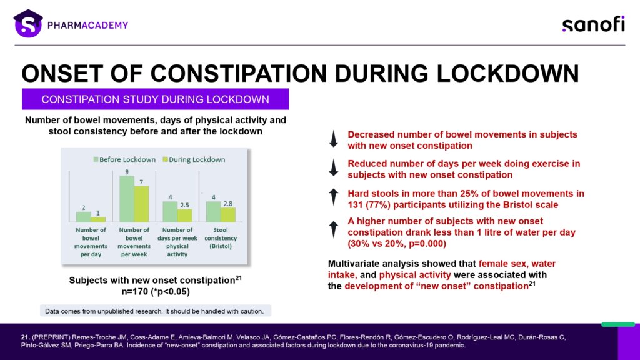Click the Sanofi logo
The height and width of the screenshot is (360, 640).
594,24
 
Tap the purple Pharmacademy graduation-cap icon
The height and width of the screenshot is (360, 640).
27,24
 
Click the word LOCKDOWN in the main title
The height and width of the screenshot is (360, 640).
507,74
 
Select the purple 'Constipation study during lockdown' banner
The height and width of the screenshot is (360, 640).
155,99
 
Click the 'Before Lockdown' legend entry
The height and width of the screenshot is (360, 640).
124,159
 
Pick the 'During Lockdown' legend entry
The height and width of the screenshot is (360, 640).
194,159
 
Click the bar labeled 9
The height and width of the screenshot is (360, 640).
126,199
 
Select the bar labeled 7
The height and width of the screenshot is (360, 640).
141,204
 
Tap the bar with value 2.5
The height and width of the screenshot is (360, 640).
184,216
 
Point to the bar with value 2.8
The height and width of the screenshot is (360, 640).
227,215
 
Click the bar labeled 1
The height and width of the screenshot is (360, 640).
98,219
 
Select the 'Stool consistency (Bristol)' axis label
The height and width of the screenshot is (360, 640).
221,238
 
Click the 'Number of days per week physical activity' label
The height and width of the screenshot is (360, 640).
177,242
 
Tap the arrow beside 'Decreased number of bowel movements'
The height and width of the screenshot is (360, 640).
334,139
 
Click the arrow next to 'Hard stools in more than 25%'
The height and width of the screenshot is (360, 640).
334,197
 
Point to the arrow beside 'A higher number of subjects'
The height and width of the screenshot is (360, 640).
334,229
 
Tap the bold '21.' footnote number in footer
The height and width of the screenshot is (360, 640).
25,337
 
